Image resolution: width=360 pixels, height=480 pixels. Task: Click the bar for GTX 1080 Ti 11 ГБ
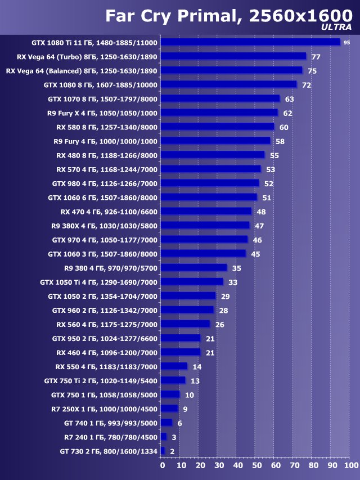250,42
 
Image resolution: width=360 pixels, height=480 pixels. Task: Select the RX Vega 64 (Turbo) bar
233,56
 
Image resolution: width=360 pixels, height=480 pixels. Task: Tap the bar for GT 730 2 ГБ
163,451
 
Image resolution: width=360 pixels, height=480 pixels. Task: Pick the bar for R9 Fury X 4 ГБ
219,113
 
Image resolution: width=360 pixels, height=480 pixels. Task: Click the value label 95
347,42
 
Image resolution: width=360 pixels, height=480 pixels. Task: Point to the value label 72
307,85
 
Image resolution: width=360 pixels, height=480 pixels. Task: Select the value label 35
237,268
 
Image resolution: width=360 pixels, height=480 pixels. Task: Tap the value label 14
197,366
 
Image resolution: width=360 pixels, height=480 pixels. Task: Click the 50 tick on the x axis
256,466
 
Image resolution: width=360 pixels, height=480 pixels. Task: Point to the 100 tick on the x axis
350,466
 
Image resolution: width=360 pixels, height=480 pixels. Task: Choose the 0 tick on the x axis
163,466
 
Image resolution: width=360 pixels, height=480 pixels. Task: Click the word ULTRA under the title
336,26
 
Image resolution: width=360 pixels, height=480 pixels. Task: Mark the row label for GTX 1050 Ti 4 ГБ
99,282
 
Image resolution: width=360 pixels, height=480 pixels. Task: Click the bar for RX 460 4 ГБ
181,352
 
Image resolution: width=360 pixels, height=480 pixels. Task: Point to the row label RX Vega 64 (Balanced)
82,71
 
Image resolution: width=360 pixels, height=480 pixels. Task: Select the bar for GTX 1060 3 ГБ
204,254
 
